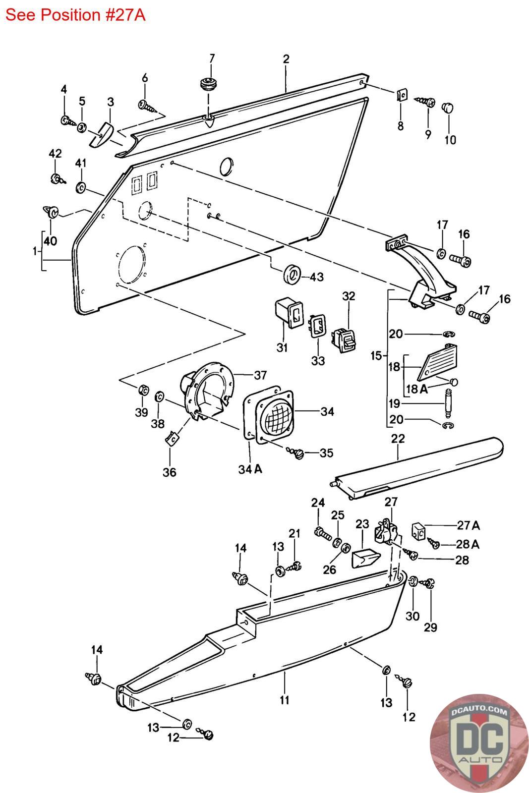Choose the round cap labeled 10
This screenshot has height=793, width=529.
449,107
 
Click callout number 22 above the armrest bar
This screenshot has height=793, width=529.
398,439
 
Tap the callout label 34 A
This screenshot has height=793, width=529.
250,469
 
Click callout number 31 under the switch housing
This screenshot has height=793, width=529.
282,347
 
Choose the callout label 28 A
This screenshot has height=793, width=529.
468,544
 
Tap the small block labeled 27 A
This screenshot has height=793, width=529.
419,531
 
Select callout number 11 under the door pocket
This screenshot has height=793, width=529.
284,700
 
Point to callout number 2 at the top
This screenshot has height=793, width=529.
286,59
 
